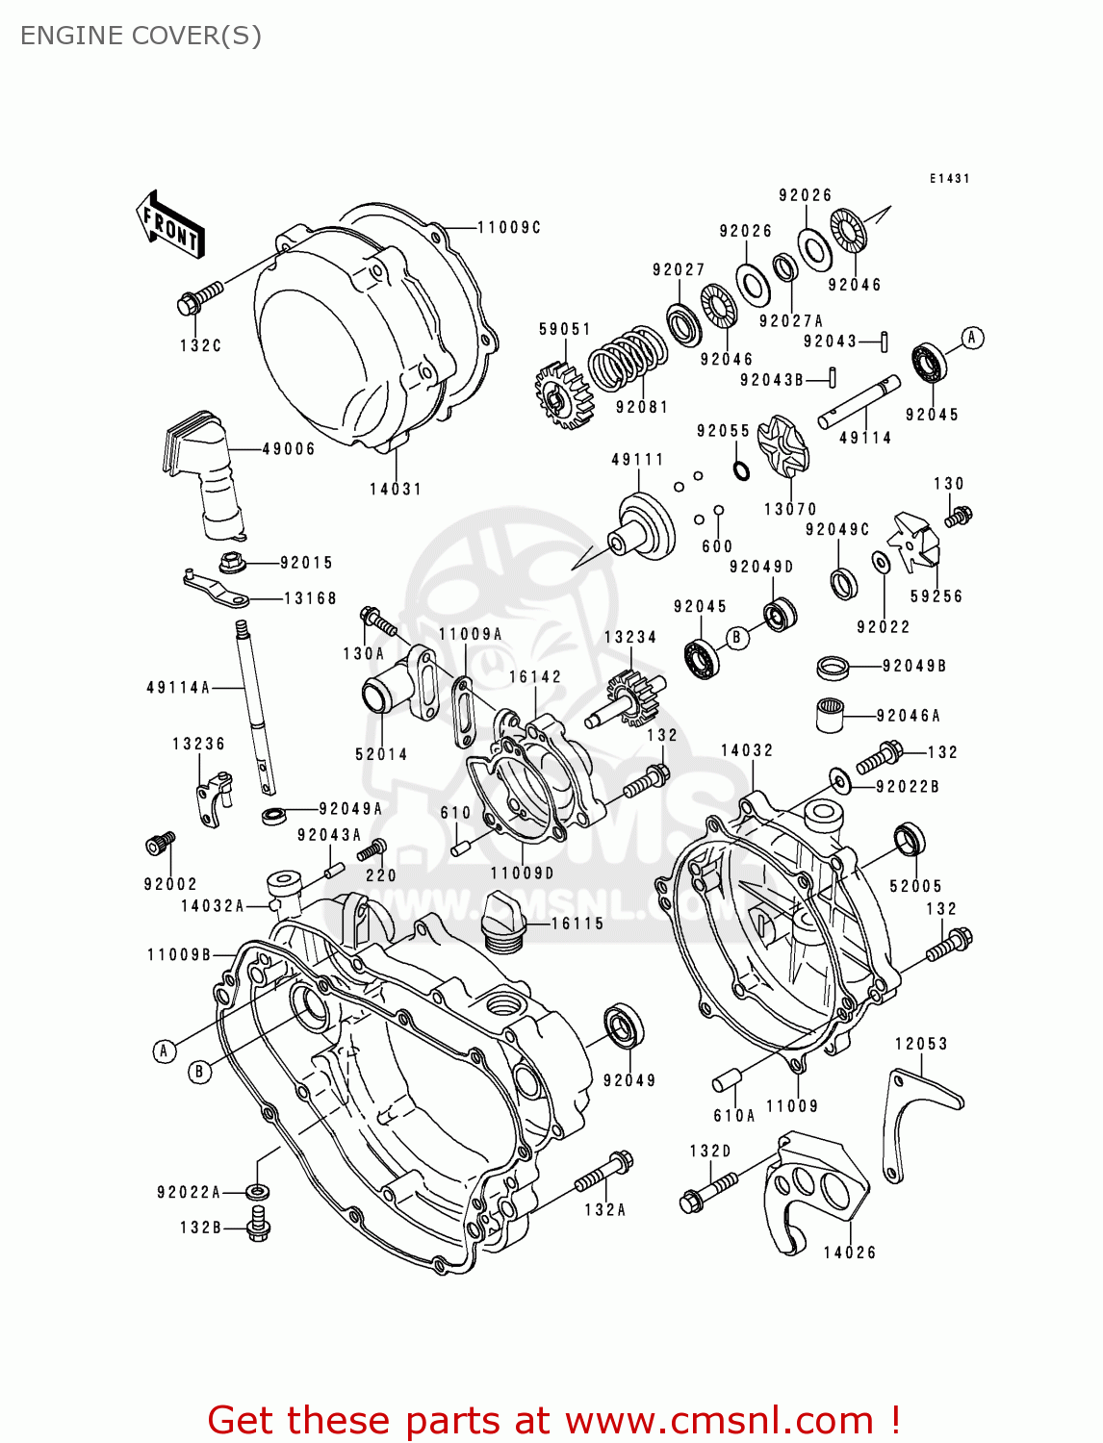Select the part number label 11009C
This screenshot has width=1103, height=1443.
click(509, 228)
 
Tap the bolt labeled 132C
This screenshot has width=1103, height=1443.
click(199, 296)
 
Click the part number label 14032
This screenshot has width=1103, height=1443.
click(747, 750)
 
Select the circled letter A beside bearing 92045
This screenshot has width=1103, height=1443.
click(972, 338)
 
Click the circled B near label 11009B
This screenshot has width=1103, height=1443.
click(199, 1072)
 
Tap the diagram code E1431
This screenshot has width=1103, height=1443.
click(949, 179)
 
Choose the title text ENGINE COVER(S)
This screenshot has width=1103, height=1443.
click(141, 36)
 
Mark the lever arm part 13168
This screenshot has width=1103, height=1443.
click(218, 589)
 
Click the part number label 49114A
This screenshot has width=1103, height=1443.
click(178, 688)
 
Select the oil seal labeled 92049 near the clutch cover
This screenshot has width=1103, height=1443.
click(624, 1025)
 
